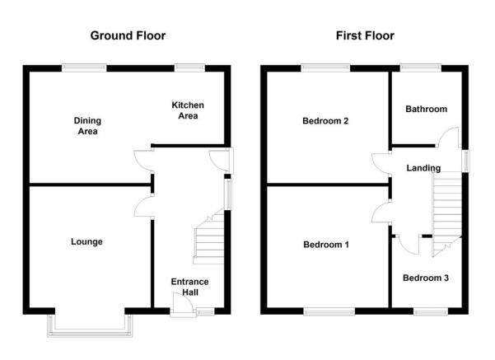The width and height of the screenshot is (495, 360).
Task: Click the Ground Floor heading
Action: tap(128, 35)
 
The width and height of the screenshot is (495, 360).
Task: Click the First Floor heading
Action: tap(365, 35)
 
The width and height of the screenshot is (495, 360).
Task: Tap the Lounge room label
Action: tap(86, 242)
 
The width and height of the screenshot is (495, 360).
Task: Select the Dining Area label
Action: tap(87, 126)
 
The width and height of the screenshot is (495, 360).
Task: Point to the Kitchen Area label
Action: tap(188, 110)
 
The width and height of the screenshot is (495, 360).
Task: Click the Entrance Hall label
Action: tap(189, 287)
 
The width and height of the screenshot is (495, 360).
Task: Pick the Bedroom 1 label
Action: tap(326, 245)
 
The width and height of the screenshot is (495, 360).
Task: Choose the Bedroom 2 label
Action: tap(325, 120)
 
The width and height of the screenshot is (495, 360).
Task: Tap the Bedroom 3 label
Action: tap(426, 278)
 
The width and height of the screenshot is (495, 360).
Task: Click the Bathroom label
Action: tap(426, 109)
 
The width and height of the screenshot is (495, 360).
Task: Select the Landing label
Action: tap(423, 168)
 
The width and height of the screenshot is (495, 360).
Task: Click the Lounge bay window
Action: tap(90, 331)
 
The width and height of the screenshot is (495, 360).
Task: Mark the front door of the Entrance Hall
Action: tap(183, 305)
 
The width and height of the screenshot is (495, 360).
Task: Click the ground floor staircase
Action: tap(209, 238)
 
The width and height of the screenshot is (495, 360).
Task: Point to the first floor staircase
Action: tap(447, 215)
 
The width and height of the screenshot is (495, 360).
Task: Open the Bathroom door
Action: tap(448, 137)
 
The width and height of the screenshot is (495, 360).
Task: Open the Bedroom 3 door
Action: tap(409, 245)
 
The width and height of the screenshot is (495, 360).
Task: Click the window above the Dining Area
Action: tap(84, 68)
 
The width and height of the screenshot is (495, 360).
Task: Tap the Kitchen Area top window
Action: tap(189, 68)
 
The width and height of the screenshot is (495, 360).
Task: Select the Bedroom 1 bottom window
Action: tap(329, 312)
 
